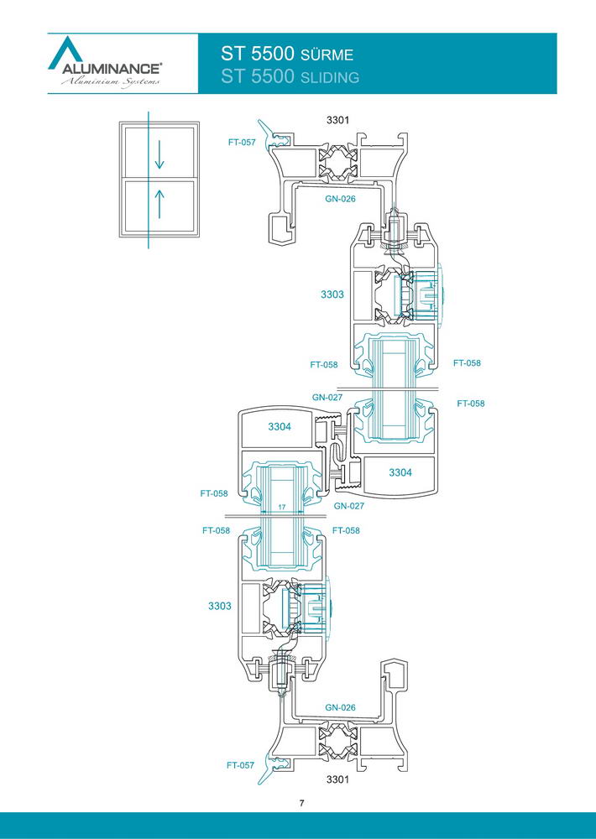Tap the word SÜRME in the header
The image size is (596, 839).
tap(327, 55)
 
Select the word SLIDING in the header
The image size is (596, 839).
tap(330, 78)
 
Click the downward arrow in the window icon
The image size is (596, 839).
tap(159, 156)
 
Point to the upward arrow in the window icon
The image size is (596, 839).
tap(159, 205)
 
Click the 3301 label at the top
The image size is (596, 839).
tap(337, 120)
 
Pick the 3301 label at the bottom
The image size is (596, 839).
tap(337, 779)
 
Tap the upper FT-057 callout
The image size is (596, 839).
tap(242, 143)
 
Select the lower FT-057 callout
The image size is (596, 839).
tap(240, 765)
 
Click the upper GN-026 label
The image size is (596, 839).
tap(340, 199)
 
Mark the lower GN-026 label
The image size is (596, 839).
tap(340, 707)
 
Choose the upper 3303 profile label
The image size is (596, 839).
tap(332, 294)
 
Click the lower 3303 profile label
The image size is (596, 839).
tap(220, 606)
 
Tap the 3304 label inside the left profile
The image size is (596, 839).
tap(280, 426)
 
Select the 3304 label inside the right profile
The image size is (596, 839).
tap(400, 472)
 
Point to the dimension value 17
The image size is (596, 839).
tap(282, 506)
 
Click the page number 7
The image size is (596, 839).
tap(302, 803)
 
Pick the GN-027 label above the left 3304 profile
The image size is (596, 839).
tap(327, 398)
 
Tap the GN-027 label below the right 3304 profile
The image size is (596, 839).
tap(348, 506)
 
